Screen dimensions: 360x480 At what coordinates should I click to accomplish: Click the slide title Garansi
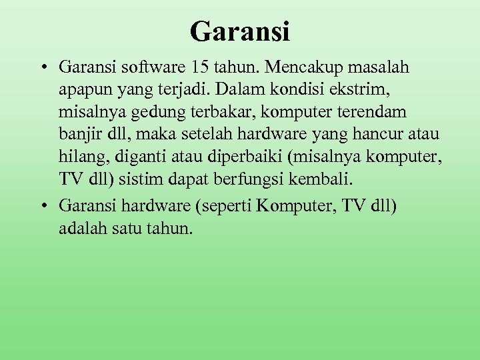(240, 31)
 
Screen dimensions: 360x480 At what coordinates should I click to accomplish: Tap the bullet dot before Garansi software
(42, 67)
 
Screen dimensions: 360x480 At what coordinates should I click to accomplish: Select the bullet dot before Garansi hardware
(42, 207)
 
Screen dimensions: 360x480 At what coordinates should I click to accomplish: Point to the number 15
(199, 67)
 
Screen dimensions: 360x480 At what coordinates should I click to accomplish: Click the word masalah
(380, 67)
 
